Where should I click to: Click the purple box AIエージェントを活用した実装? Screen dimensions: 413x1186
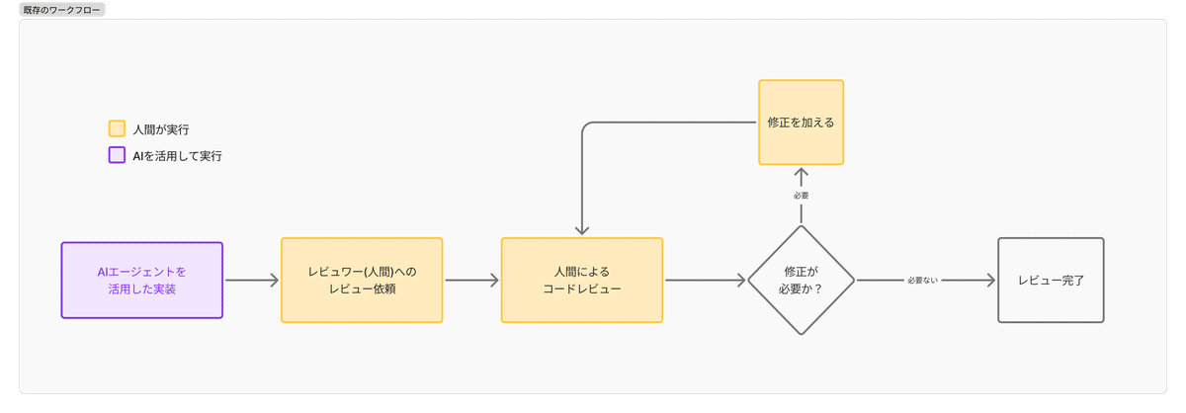click(142, 280)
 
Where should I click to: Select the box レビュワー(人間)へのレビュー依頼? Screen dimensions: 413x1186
click(362, 280)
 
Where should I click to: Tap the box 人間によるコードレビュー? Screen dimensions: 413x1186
click(582, 280)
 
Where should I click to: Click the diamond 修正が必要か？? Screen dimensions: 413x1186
click(802, 280)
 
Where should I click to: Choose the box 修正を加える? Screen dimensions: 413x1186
click(802, 123)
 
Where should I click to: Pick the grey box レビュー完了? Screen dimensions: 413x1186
click(1051, 280)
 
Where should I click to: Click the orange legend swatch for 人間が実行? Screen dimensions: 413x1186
click(117, 128)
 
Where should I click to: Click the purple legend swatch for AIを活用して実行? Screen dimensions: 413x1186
click(117, 155)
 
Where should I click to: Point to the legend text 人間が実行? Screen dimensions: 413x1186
click(161, 128)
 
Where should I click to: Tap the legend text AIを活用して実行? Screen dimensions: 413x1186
click(177, 155)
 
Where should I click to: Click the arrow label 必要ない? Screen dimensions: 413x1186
click(922, 281)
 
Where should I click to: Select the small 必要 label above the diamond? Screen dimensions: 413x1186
click(802, 196)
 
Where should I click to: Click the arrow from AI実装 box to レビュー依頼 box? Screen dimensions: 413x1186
click(252, 280)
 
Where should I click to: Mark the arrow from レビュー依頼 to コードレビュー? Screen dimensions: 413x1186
click(471, 280)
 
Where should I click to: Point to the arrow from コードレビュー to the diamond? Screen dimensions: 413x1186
click(705, 280)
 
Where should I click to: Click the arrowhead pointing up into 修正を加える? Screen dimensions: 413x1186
click(802, 174)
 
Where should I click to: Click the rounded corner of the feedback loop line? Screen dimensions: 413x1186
click(586, 126)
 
